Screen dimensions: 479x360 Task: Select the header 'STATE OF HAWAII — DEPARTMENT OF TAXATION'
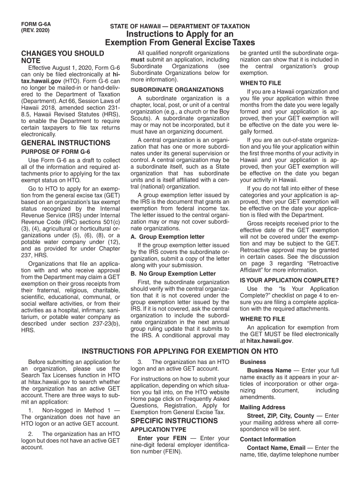click(x=180, y=27)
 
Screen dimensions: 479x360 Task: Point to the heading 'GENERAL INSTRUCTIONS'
click(x=66, y=143)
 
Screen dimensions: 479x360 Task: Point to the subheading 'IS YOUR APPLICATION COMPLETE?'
click(x=289, y=280)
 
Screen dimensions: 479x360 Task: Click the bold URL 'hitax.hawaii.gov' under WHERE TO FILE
click(x=266, y=341)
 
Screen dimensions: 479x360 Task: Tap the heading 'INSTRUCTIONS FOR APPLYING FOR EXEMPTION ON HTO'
click(x=180, y=351)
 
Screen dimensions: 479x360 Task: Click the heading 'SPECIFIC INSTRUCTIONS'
click(x=174, y=421)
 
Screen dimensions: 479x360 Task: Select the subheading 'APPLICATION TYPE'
click(x=158, y=429)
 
